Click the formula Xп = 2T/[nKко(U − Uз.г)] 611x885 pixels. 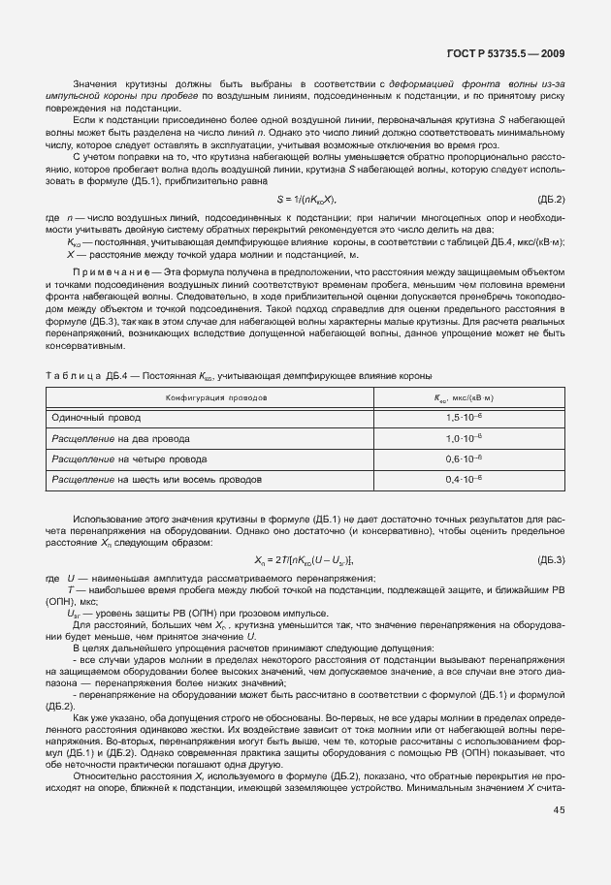pos(305,560)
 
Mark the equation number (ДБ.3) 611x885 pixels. pos(550,560)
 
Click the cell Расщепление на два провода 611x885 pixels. pos(114,437)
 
